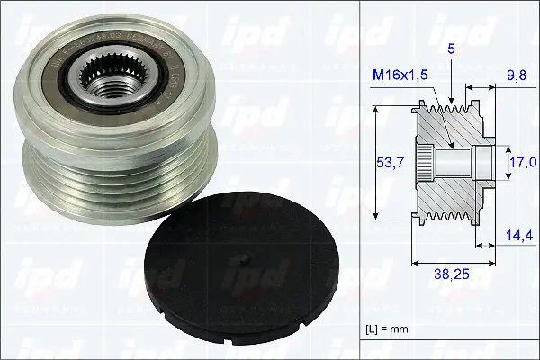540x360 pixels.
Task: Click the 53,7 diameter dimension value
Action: click(x=389, y=162)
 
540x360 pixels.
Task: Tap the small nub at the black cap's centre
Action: click(x=247, y=263)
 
